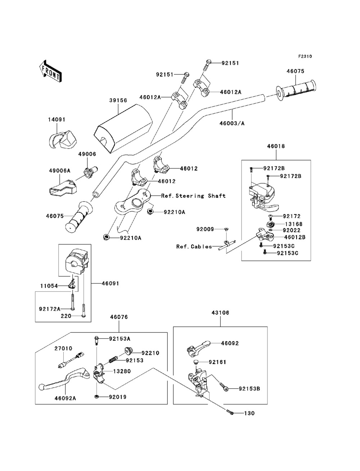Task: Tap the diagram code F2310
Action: click(305, 56)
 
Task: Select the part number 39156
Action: click(118, 101)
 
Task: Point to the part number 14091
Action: click(57, 119)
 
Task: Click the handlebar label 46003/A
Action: click(232, 123)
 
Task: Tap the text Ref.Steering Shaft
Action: click(193, 196)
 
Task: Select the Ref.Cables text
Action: click(194, 246)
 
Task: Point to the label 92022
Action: click(292, 230)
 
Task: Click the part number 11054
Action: click(49, 286)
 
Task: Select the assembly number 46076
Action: click(119, 317)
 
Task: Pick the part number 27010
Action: click(63, 348)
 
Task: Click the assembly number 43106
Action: click(220, 313)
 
